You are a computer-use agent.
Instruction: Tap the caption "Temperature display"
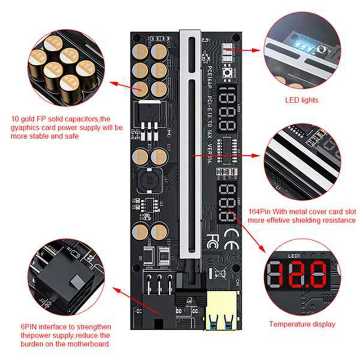click(302, 324)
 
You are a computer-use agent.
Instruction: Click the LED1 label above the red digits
click(293, 256)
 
